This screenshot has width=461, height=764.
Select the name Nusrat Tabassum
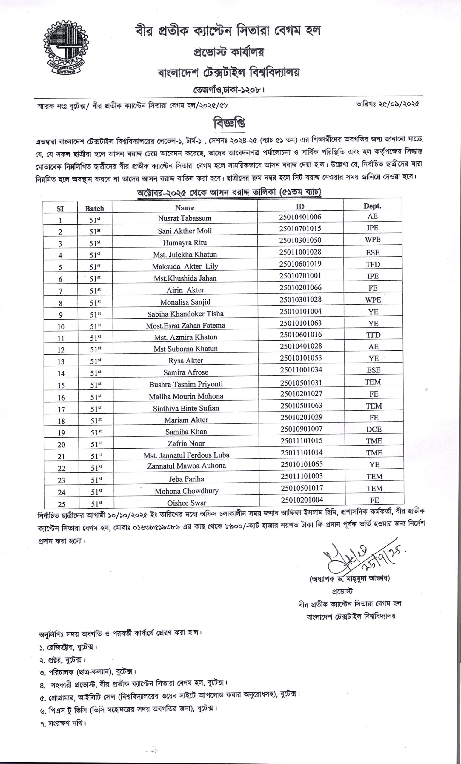pos(185,218)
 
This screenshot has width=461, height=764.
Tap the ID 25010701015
pos(300,229)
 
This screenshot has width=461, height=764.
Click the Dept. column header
pos(372,206)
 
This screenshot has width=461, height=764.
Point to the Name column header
pos(185,208)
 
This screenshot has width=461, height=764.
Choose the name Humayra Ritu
pos(185,242)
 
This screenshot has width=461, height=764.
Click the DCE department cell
pos(374,429)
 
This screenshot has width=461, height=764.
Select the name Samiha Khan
pos(186,432)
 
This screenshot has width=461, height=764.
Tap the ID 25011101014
pos(302,453)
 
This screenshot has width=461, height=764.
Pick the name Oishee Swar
pos(186,503)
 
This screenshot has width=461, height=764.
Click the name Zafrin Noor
pos(186,443)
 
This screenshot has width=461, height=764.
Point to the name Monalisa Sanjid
pos(185,302)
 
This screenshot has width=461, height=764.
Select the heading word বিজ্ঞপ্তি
pos(229,123)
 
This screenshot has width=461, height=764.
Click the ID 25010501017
pos(302,488)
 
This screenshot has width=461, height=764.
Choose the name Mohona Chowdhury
pos(186,491)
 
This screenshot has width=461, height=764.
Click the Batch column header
pos(95,209)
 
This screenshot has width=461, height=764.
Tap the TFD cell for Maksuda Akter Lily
pos(373,264)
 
